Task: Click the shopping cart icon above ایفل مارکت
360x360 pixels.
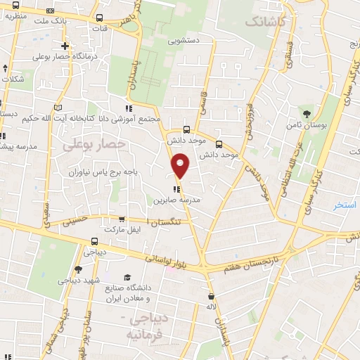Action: tap(123, 219)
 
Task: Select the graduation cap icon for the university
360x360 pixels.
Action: tap(127, 277)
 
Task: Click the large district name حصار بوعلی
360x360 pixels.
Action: tap(94, 144)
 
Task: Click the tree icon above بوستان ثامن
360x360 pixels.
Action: tap(306, 114)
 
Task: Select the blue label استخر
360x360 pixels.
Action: tap(345, 205)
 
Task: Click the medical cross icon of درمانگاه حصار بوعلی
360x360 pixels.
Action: tap(65, 46)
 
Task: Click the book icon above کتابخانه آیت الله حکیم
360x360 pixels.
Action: tap(58, 107)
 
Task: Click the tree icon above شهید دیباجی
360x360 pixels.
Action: tap(78, 269)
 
